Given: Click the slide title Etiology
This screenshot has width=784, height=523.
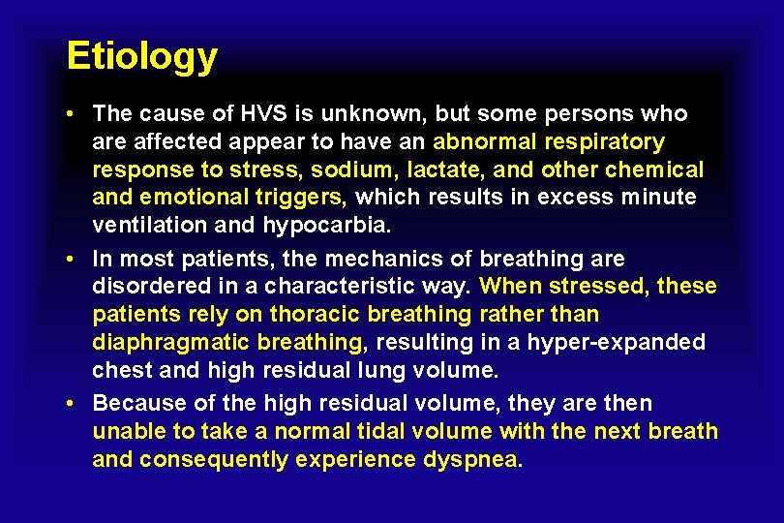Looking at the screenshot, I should (141, 57).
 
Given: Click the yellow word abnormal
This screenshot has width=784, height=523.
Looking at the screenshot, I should (484, 142).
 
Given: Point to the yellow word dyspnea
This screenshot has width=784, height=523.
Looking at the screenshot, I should (471, 459).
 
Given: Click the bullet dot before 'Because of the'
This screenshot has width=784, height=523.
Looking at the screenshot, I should (74, 403).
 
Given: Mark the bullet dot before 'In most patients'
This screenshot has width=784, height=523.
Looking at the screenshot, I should (74, 259).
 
